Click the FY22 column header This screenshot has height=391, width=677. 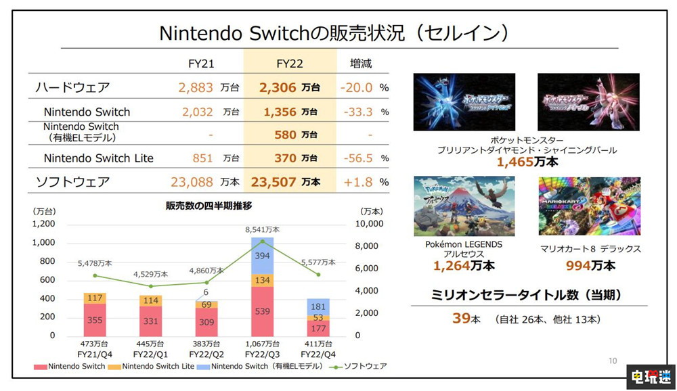pos(289,64)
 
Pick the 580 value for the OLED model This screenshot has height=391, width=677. pos(285,135)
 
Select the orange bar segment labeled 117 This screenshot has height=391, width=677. pos(95,298)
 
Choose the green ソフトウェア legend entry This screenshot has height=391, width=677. pos(363,366)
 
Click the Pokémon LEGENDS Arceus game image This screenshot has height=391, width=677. pos(464,206)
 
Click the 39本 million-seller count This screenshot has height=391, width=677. pos(466,319)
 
